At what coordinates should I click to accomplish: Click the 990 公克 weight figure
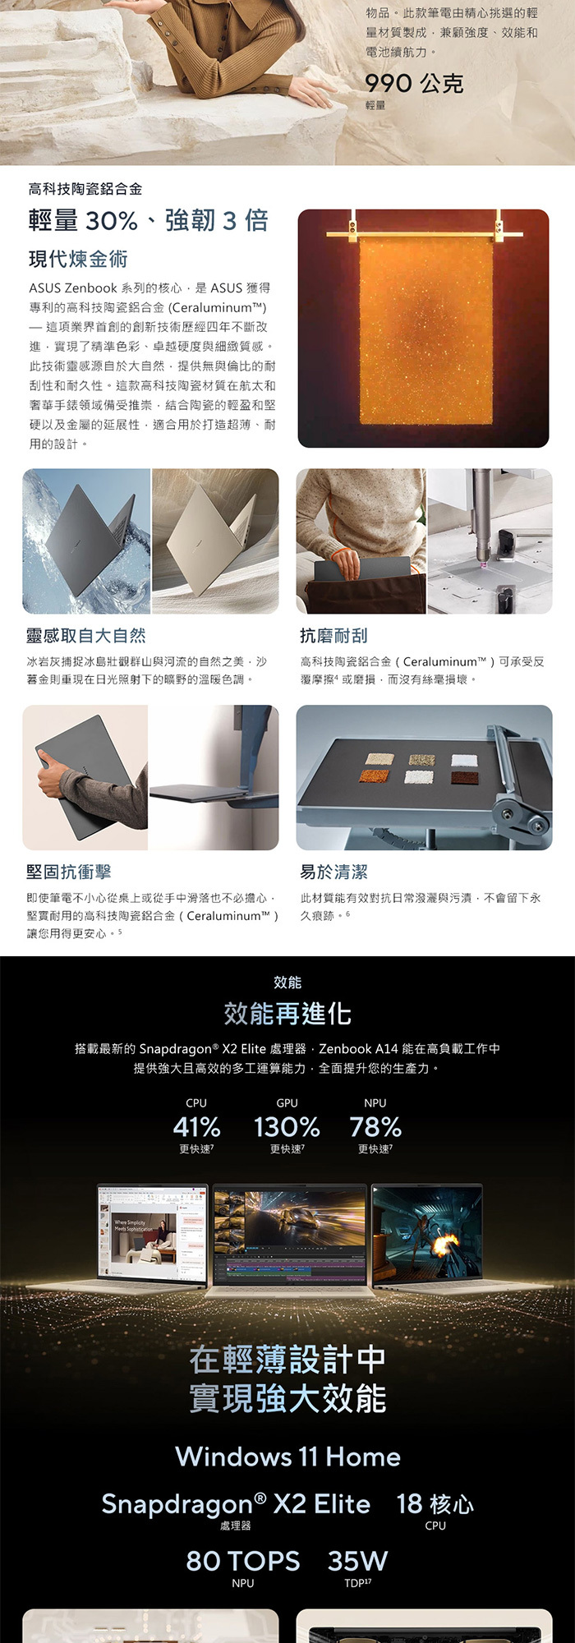point(414,83)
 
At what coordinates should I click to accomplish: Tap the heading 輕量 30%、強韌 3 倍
point(149,220)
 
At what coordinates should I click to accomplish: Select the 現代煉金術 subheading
point(78,259)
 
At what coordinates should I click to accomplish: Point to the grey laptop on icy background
point(86,541)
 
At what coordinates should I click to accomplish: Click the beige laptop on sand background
point(215,541)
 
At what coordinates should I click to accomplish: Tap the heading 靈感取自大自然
point(86,635)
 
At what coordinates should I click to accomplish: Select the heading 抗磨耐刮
point(333,635)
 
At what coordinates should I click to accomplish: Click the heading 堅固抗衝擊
point(69,872)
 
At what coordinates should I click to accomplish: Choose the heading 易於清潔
point(333,872)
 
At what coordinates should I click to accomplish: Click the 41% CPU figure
point(196,1126)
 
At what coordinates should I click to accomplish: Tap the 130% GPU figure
point(287,1126)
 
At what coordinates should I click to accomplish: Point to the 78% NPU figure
point(375,1126)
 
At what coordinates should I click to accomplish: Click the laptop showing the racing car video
point(289,1236)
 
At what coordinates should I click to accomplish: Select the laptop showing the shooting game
point(426,1236)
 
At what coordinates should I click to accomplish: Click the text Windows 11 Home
point(287,1457)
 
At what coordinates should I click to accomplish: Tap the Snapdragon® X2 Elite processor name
point(236,1503)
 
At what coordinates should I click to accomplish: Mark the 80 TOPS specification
point(243,1560)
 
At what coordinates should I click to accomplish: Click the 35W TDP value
point(357,1560)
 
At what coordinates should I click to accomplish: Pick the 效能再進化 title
point(287,1014)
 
